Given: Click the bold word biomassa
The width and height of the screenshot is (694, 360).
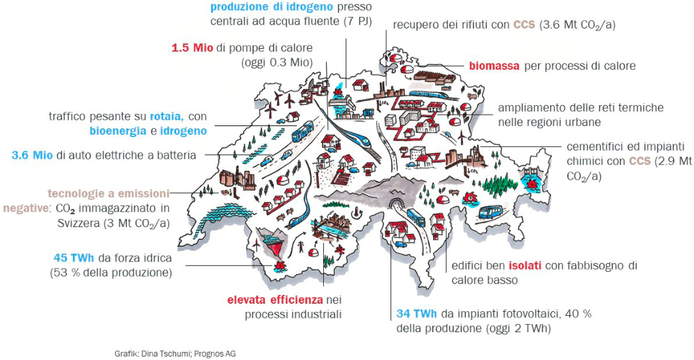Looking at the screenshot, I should pyautogui.click(x=494, y=66).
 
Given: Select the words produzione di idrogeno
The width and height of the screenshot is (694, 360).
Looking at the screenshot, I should pyautogui.click(x=271, y=7).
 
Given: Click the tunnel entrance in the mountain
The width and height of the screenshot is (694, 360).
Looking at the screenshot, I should pyautogui.click(x=394, y=205).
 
